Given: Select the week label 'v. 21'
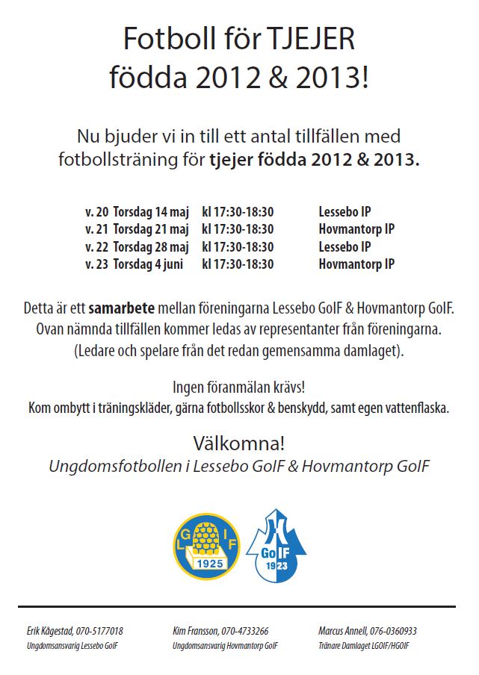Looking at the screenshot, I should pyautogui.click(x=96, y=228).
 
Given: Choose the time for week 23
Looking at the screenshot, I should pyautogui.click(x=238, y=264).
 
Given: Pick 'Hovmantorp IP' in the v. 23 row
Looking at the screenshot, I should pyautogui.click(x=356, y=264).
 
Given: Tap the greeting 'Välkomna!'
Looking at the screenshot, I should pyautogui.click(x=239, y=443).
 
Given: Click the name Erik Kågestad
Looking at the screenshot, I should pyautogui.click(x=50, y=631).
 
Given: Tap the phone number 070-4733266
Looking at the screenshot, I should pyautogui.click(x=245, y=631).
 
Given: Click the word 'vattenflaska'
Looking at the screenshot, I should pyautogui.click(x=418, y=408).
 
